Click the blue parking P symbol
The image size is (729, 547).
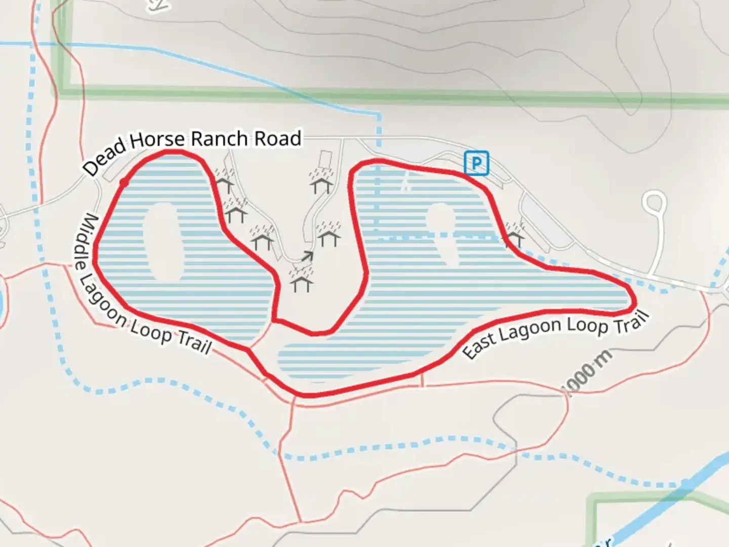[476, 163]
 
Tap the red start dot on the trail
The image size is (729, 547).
[123, 183]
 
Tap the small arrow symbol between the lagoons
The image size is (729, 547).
[307, 256]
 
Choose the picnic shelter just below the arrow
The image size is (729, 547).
[301, 282]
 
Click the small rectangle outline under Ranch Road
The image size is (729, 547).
[324, 159]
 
